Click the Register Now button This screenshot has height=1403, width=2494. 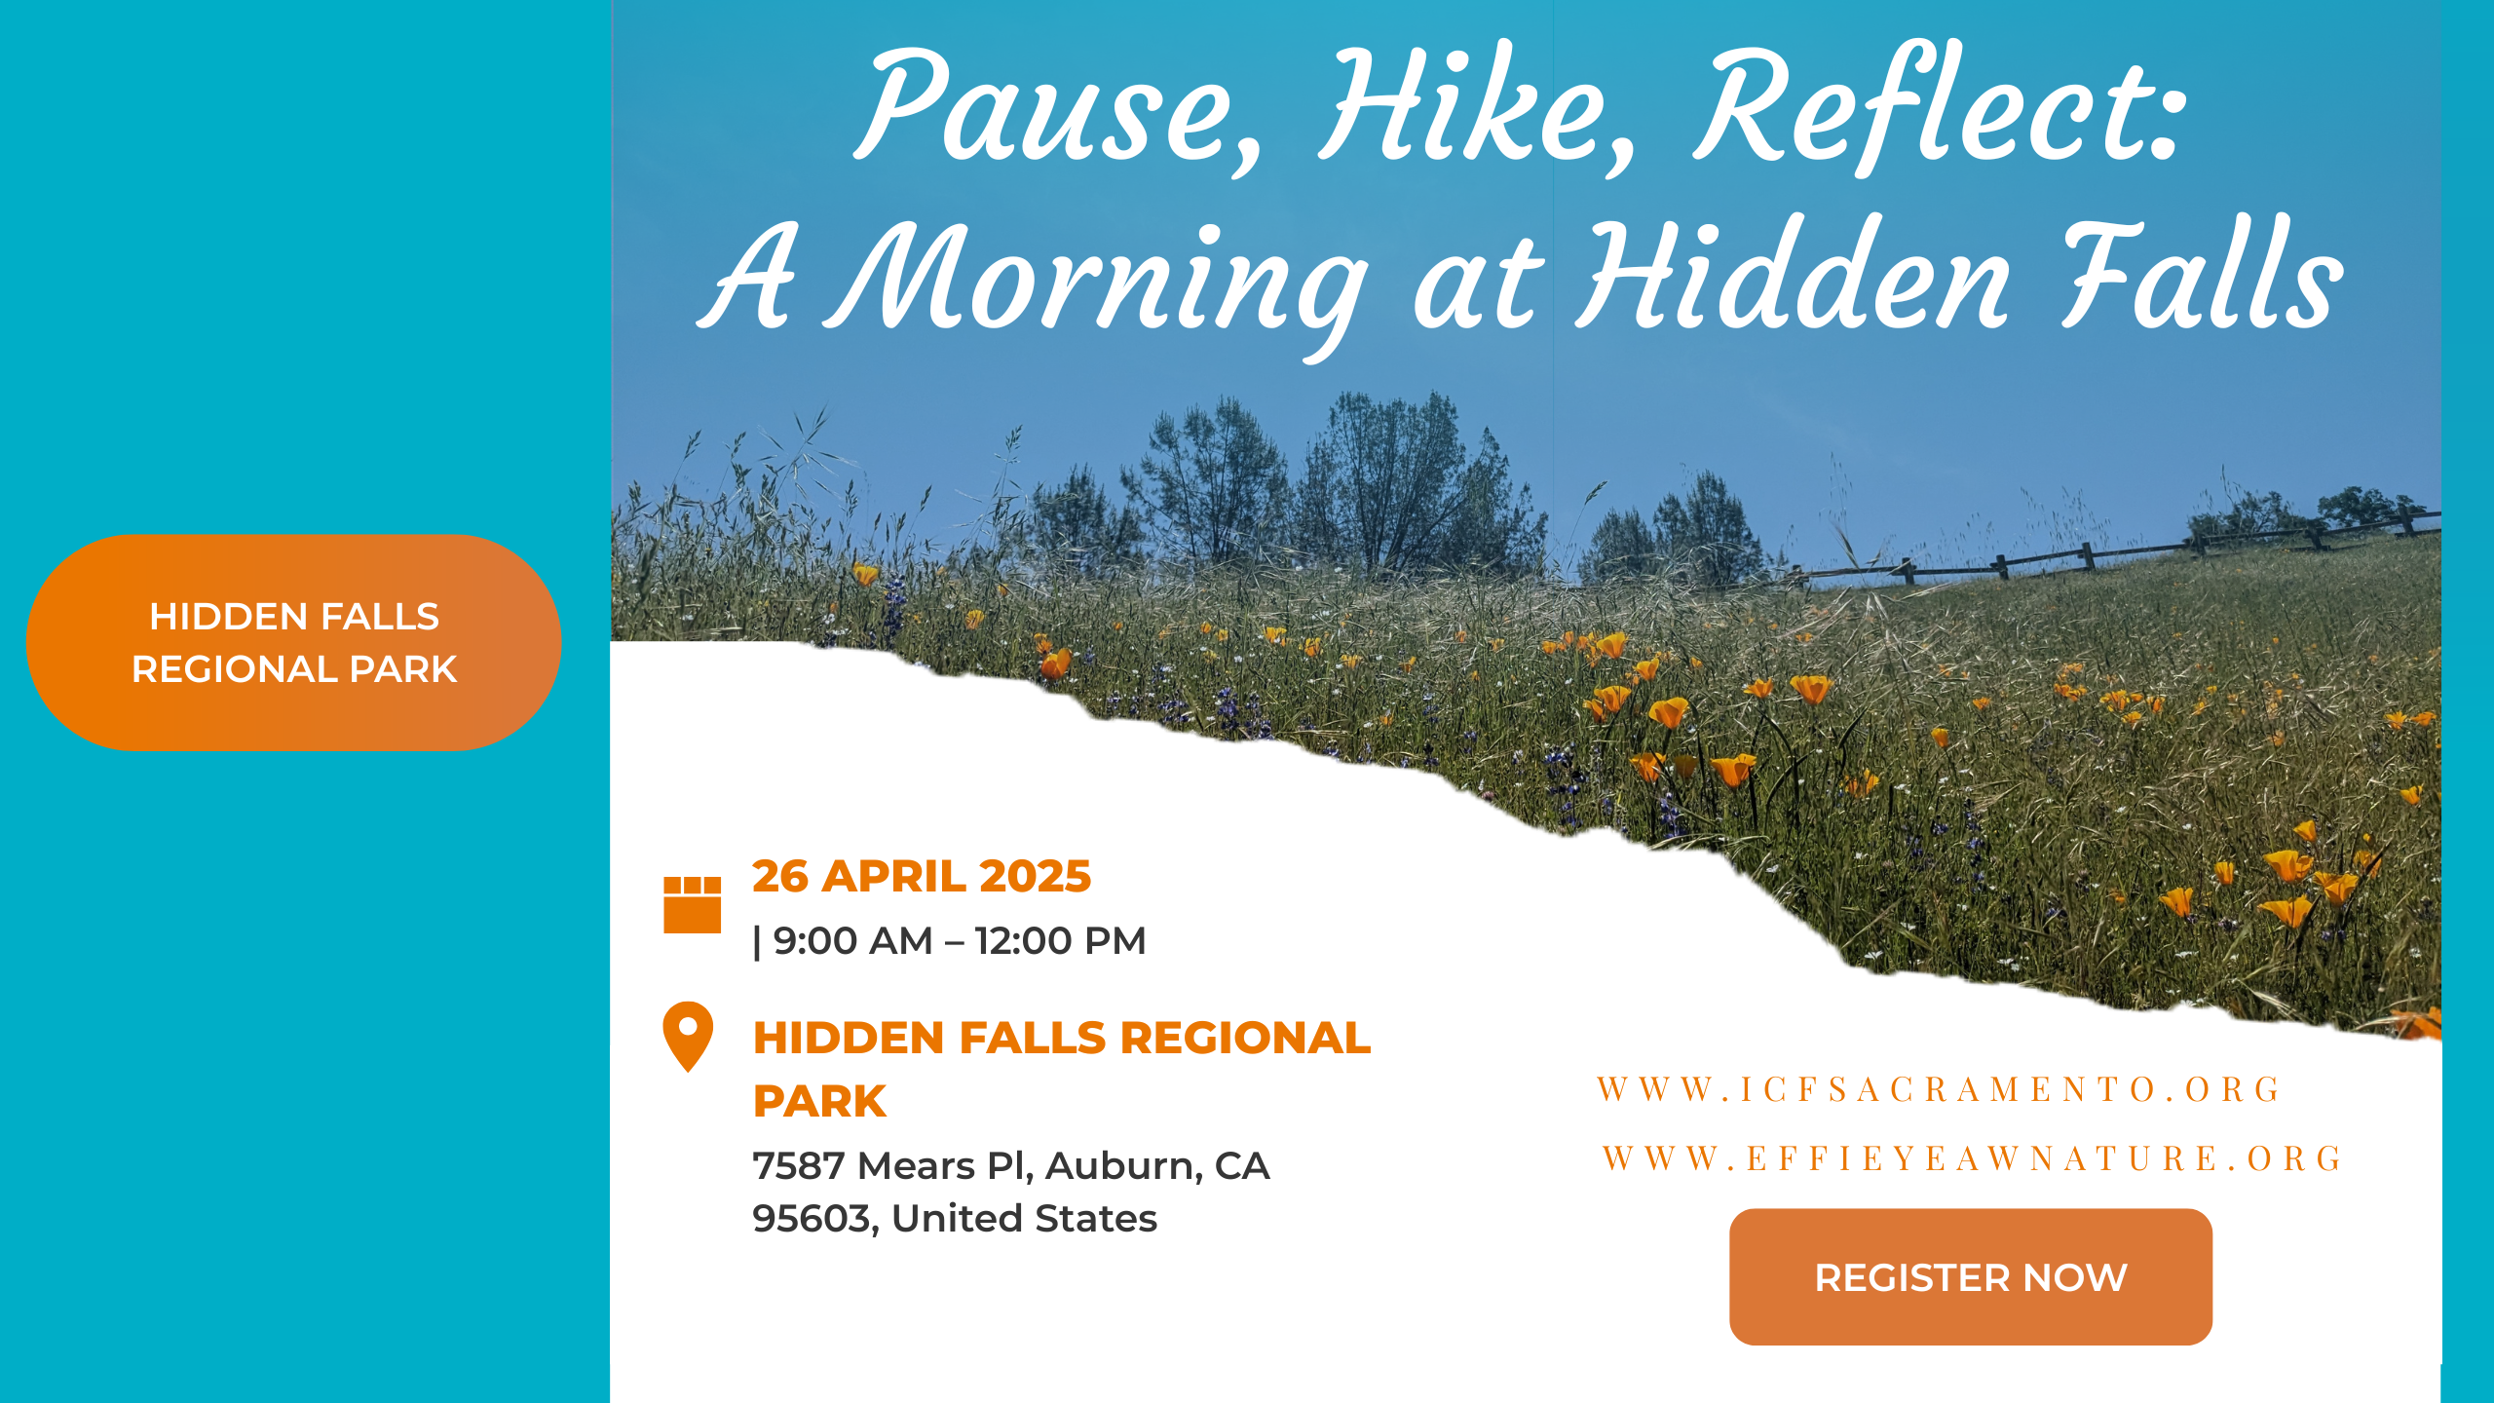pyautogui.click(x=1970, y=1276)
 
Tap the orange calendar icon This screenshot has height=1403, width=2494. pyautogui.click(x=692, y=904)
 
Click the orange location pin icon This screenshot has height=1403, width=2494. pyautogui.click(x=688, y=1035)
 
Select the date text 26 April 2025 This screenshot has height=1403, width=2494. pyautogui.click(x=921, y=875)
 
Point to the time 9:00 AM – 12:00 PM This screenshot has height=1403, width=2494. pyautogui.click(x=960, y=941)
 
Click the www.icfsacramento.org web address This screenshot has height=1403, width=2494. pyautogui.click(x=1939, y=1088)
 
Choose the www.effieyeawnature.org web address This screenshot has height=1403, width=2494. pyautogui.click(x=1972, y=1157)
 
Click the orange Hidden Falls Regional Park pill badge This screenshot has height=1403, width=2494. pyautogui.click(x=293, y=642)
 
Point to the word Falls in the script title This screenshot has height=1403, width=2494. pyautogui.click(x=2202, y=278)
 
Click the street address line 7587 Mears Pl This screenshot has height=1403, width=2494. pyautogui.click(x=891, y=1165)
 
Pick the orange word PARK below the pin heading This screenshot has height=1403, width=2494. pyautogui.click(x=819, y=1101)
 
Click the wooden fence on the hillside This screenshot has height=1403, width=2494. pyautogui.click(x=2095, y=555)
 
